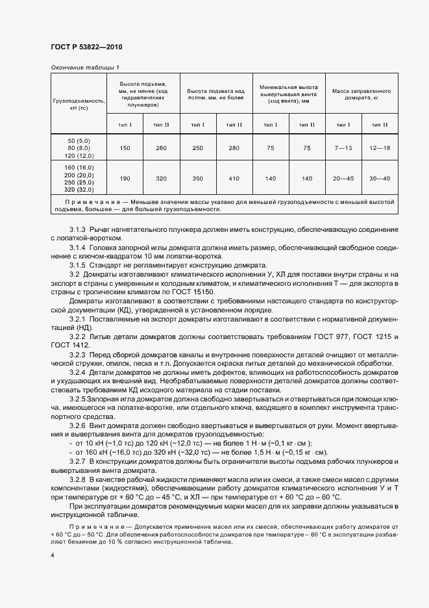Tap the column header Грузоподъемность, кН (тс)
(78, 105)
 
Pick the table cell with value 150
(125, 147)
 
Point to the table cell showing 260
(162, 147)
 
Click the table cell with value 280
(234, 147)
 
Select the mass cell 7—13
(343, 147)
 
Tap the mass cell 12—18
(380, 147)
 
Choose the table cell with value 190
(125, 179)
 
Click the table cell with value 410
(234, 179)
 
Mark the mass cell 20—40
(343, 179)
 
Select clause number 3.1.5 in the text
(79, 266)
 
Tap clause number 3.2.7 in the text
(79, 460)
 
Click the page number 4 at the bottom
(52, 555)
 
